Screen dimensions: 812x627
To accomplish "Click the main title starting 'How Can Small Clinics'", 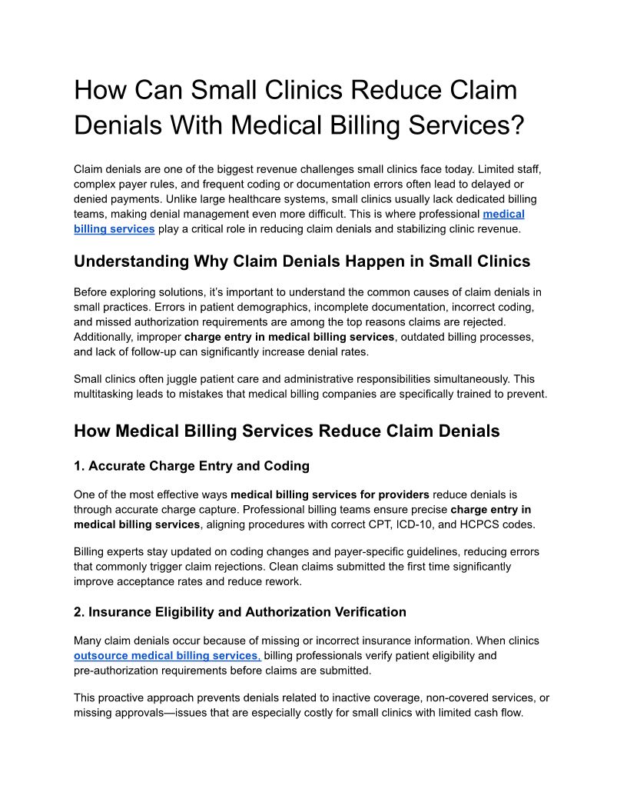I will (x=296, y=107).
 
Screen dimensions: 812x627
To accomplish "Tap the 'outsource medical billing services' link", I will (x=168, y=656).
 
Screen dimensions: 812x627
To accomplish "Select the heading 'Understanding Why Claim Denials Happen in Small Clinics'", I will (x=302, y=261).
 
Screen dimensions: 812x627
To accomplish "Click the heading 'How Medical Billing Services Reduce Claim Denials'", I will (x=287, y=431).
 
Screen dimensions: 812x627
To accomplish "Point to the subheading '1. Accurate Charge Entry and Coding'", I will (x=191, y=465).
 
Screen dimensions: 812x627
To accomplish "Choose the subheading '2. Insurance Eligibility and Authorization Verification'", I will (x=240, y=612).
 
